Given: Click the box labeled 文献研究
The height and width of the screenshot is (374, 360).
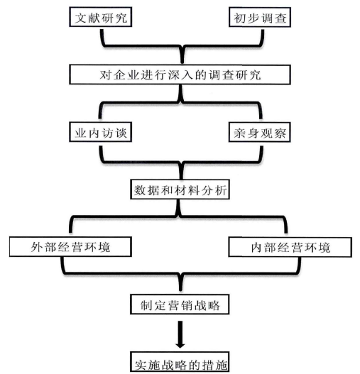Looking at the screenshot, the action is (101, 17).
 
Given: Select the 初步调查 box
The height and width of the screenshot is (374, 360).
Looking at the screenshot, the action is (260, 17).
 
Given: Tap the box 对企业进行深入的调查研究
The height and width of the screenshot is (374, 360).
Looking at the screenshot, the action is (180, 75).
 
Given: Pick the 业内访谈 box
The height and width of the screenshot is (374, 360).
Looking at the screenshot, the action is (101, 132).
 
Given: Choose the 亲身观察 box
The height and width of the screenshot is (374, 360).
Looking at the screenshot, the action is (260, 132).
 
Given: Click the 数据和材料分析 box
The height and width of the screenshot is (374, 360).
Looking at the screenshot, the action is (180, 189).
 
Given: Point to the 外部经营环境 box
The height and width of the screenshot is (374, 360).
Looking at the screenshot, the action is (71, 247).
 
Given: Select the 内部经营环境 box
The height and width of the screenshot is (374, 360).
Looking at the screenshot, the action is (290, 247).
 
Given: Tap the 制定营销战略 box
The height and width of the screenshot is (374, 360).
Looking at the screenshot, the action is (180, 304).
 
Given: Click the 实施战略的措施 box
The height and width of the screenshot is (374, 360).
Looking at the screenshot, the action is (180, 363).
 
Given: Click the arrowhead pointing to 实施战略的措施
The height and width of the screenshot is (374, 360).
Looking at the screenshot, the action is (180, 345).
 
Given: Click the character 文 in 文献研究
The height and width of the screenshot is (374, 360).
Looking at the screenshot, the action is (81, 18).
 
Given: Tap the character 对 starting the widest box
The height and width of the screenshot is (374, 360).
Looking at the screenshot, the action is (105, 75).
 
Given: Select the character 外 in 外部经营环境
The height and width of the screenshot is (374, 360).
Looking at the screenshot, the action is (37, 247).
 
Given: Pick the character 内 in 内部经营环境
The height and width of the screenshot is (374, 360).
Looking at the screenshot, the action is (257, 248).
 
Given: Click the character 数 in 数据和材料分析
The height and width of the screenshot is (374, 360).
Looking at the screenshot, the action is (140, 190).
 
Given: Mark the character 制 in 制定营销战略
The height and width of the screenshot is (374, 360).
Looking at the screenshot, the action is (146, 305).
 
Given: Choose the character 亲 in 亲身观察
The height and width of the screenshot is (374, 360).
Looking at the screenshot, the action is (240, 133).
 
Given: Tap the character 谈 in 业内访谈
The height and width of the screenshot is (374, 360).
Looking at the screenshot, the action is (121, 133).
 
